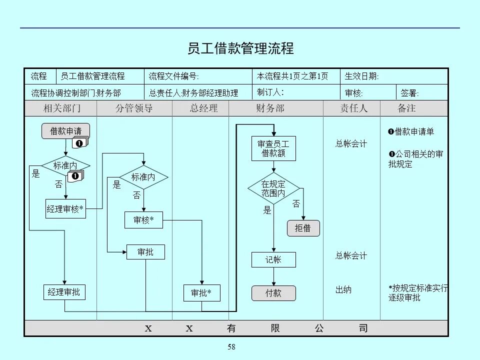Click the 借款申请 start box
click(x=65, y=131)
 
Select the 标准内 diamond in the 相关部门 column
click(x=65, y=165)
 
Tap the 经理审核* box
click(x=65, y=209)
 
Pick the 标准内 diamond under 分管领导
click(x=143, y=177)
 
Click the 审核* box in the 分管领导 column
click(x=143, y=220)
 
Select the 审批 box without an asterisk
click(x=145, y=252)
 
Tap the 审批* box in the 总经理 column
click(x=202, y=293)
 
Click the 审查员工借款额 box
click(x=273, y=148)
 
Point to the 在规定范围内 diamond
click(x=273, y=188)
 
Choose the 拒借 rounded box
click(x=303, y=228)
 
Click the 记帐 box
click(x=273, y=259)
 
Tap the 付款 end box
click(x=273, y=293)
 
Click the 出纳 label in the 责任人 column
click(x=343, y=289)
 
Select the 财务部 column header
click(x=270, y=108)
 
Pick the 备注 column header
click(x=406, y=108)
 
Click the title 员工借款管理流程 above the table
click(x=240, y=48)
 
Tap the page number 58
click(x=231, y=347)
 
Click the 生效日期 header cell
click(x=362, y=76)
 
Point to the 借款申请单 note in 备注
click(x=411, y=132)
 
